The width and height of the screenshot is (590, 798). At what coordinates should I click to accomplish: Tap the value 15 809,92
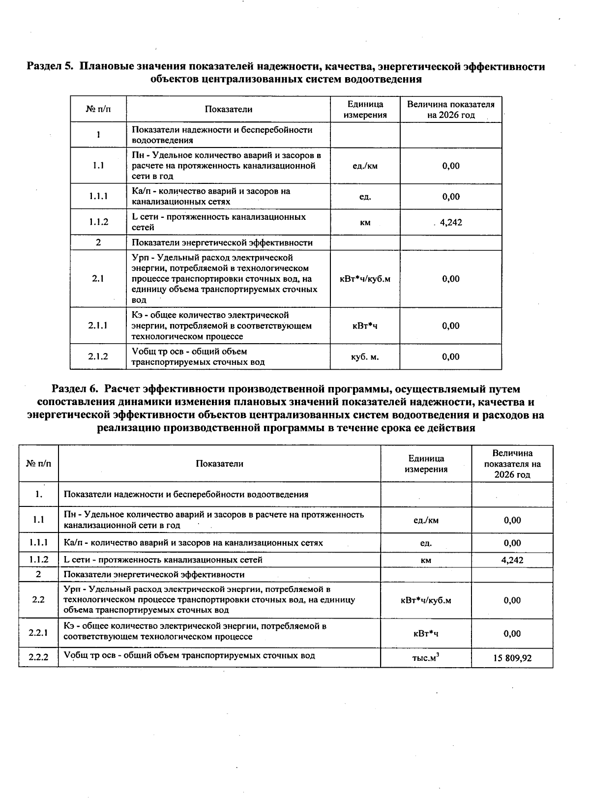pyautogui.click(x=512, y=658)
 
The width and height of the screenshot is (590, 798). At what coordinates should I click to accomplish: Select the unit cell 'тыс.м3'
pyautogui.click(x=426, y=657)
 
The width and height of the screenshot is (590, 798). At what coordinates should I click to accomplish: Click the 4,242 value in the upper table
pyautogui.click(x=450, y=222)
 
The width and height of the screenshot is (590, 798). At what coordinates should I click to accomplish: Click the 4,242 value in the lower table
pyautogui.click(x=512, y=560)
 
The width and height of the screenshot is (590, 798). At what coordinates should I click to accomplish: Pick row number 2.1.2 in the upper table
pyautogui.click(x=98, y=356)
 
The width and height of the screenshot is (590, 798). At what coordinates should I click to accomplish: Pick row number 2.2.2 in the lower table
pyautogui.click(x=38, y=657)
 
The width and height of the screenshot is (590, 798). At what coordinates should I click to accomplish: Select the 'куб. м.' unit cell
pyautogui.click(x=365, y=356)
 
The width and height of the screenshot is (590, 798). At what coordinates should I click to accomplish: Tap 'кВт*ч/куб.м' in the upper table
pyautogui.click(x=365, y=279)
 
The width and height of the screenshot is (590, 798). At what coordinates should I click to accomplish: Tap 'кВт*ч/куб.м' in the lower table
pyautogui.click(x=426, y=600)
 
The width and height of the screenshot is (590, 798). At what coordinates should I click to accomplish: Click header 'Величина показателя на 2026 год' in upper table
pyautogui.click(x=450, y=110)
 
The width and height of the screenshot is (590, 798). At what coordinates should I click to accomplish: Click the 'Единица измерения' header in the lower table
pyautogui.click(x=426, y=464)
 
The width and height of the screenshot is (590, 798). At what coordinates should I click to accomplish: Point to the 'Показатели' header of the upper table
pyautogui.click(x=228, y=110)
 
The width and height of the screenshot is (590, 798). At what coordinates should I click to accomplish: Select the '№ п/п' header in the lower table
pyautogui.click(x=38, y=464)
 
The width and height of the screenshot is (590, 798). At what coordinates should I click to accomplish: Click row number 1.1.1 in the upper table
pyautogui.click(x=98, y=196)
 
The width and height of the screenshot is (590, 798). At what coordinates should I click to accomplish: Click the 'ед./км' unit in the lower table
pyautogui.click(x=426, y=520)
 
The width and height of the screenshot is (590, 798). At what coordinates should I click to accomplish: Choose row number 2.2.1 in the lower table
pyautogui.click(x=38, y=633)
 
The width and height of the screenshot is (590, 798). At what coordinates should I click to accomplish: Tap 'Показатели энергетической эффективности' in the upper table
pyautogui.click(x=222, y=242)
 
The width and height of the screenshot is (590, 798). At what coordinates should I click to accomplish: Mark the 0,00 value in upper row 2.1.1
pyautogui.click(x=450, y=325)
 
